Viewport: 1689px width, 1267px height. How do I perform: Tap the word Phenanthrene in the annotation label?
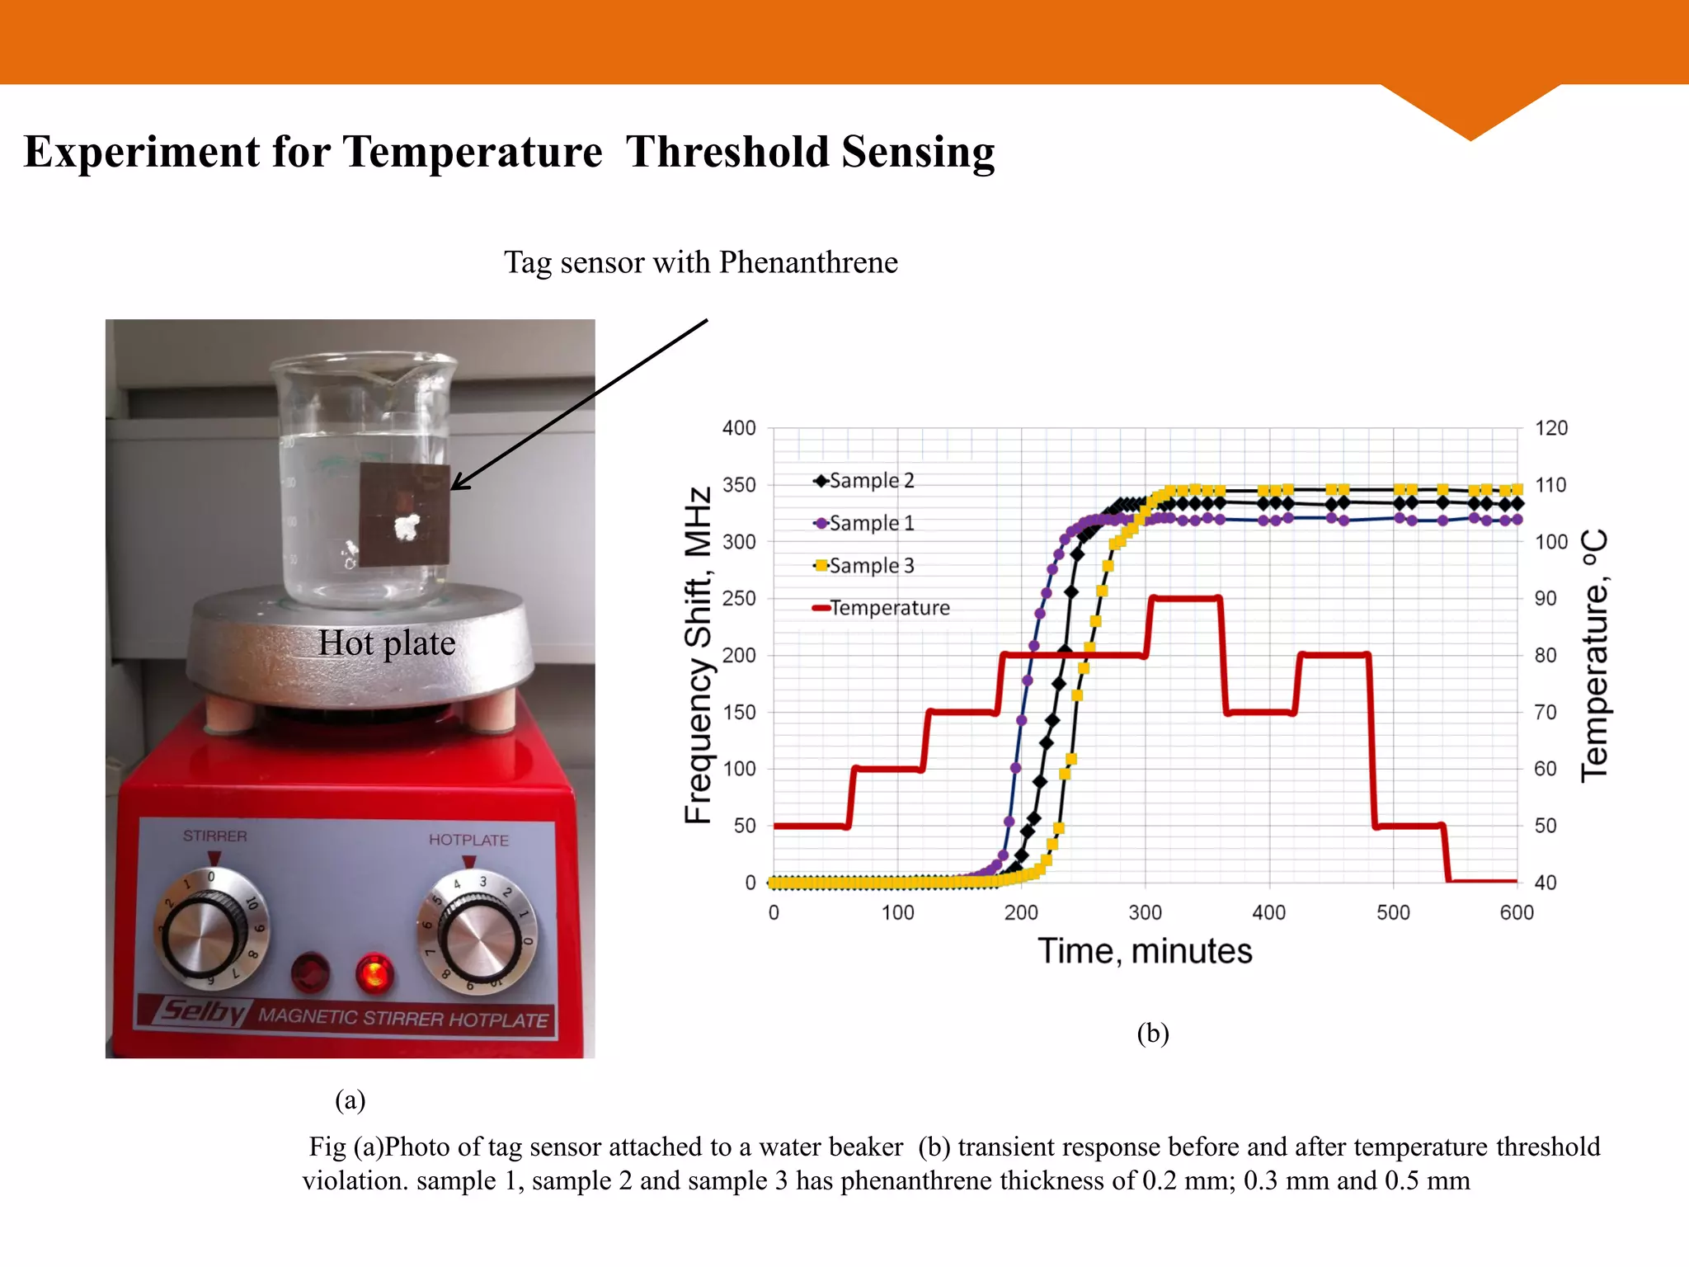808,262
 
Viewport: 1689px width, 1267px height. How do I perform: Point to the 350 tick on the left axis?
739,485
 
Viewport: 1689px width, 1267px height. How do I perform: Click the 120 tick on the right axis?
1550,428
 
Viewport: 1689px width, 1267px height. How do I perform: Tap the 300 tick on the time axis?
1145,912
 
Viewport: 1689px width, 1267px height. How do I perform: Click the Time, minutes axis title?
1145,951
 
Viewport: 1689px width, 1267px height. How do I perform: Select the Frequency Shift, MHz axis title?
698,655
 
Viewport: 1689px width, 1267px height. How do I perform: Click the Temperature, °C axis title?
1595,655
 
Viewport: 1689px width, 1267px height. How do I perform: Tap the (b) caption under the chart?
1153,1033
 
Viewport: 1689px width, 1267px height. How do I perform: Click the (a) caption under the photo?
350,1100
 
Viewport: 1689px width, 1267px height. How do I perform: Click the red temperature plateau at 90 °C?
1184,598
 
